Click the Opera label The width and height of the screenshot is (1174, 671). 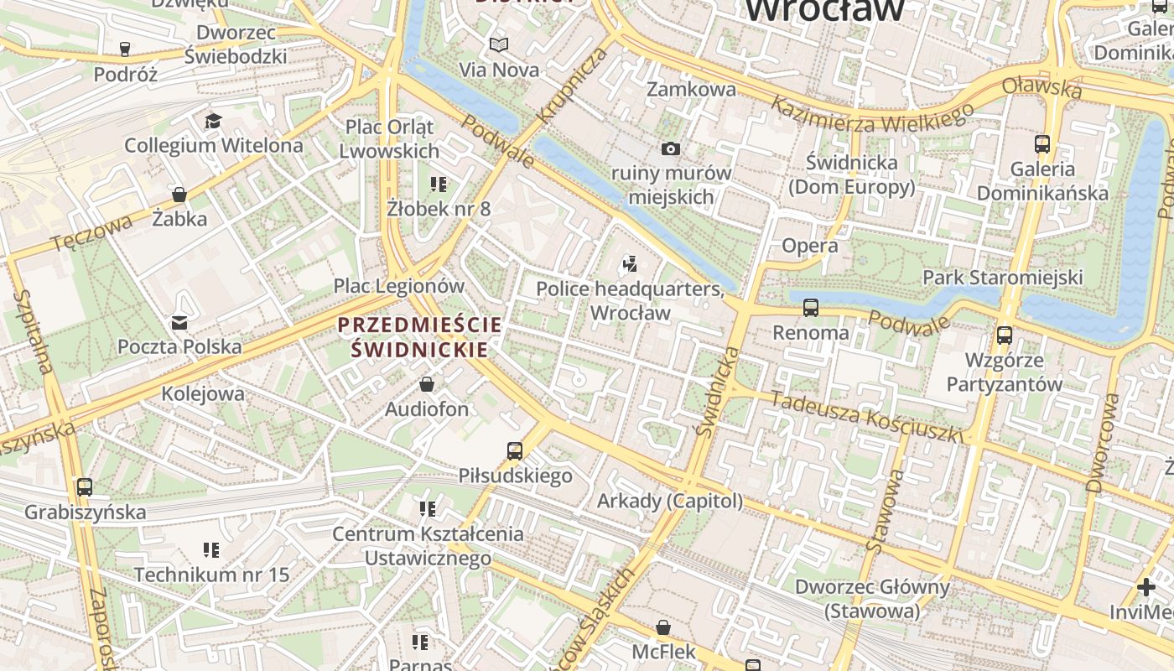[x=809, y=246]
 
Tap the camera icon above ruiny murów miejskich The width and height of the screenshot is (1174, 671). [x=670, y=148]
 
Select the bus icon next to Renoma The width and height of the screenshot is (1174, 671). [x=810, y=307]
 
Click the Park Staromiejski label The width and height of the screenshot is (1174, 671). [x=1002, y=277]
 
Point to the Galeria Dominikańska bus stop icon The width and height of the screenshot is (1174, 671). [x=1042, y=143]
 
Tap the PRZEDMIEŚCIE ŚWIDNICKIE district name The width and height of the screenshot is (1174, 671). [x=419, y=336]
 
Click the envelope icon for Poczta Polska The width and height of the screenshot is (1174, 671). [x=179, y=322]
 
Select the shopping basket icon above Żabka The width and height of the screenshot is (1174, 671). [x=179, y=195]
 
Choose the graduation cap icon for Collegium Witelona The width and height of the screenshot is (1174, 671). [x=213, y=121]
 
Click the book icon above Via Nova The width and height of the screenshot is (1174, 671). [x=499, y=44]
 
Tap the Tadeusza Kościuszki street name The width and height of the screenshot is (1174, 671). [x=866, y=417]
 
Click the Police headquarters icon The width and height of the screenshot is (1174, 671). [x=630, y=265]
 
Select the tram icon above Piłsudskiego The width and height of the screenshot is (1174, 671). [x=515, y=450]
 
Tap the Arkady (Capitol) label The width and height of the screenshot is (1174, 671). [x=669, y=501]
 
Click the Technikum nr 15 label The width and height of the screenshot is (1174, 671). [x=211, y=575]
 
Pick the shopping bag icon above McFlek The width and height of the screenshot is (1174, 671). [x=662, y=627]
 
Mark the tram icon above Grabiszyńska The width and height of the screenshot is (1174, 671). [x=85, y=486]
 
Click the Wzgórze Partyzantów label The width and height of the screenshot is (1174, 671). [x=1004, y=372]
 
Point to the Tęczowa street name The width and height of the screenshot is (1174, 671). [x=91, y=232]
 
